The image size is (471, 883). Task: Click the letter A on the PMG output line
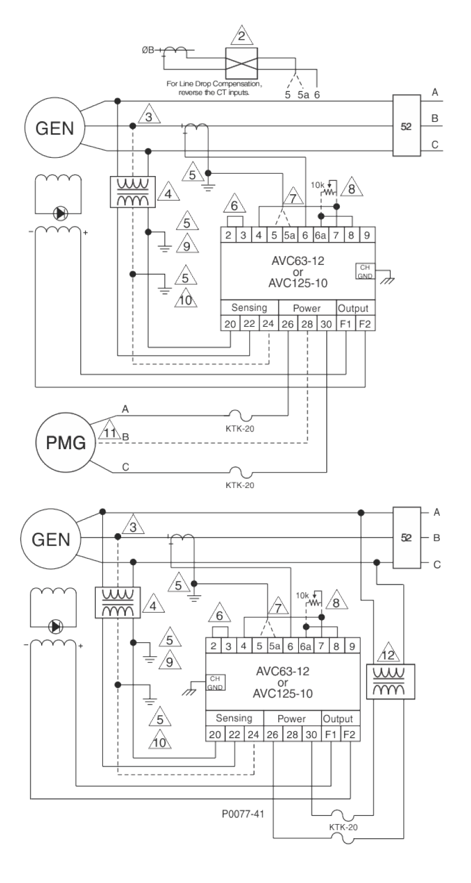tap(125, 408)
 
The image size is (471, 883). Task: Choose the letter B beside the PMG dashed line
tap(125, 437)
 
